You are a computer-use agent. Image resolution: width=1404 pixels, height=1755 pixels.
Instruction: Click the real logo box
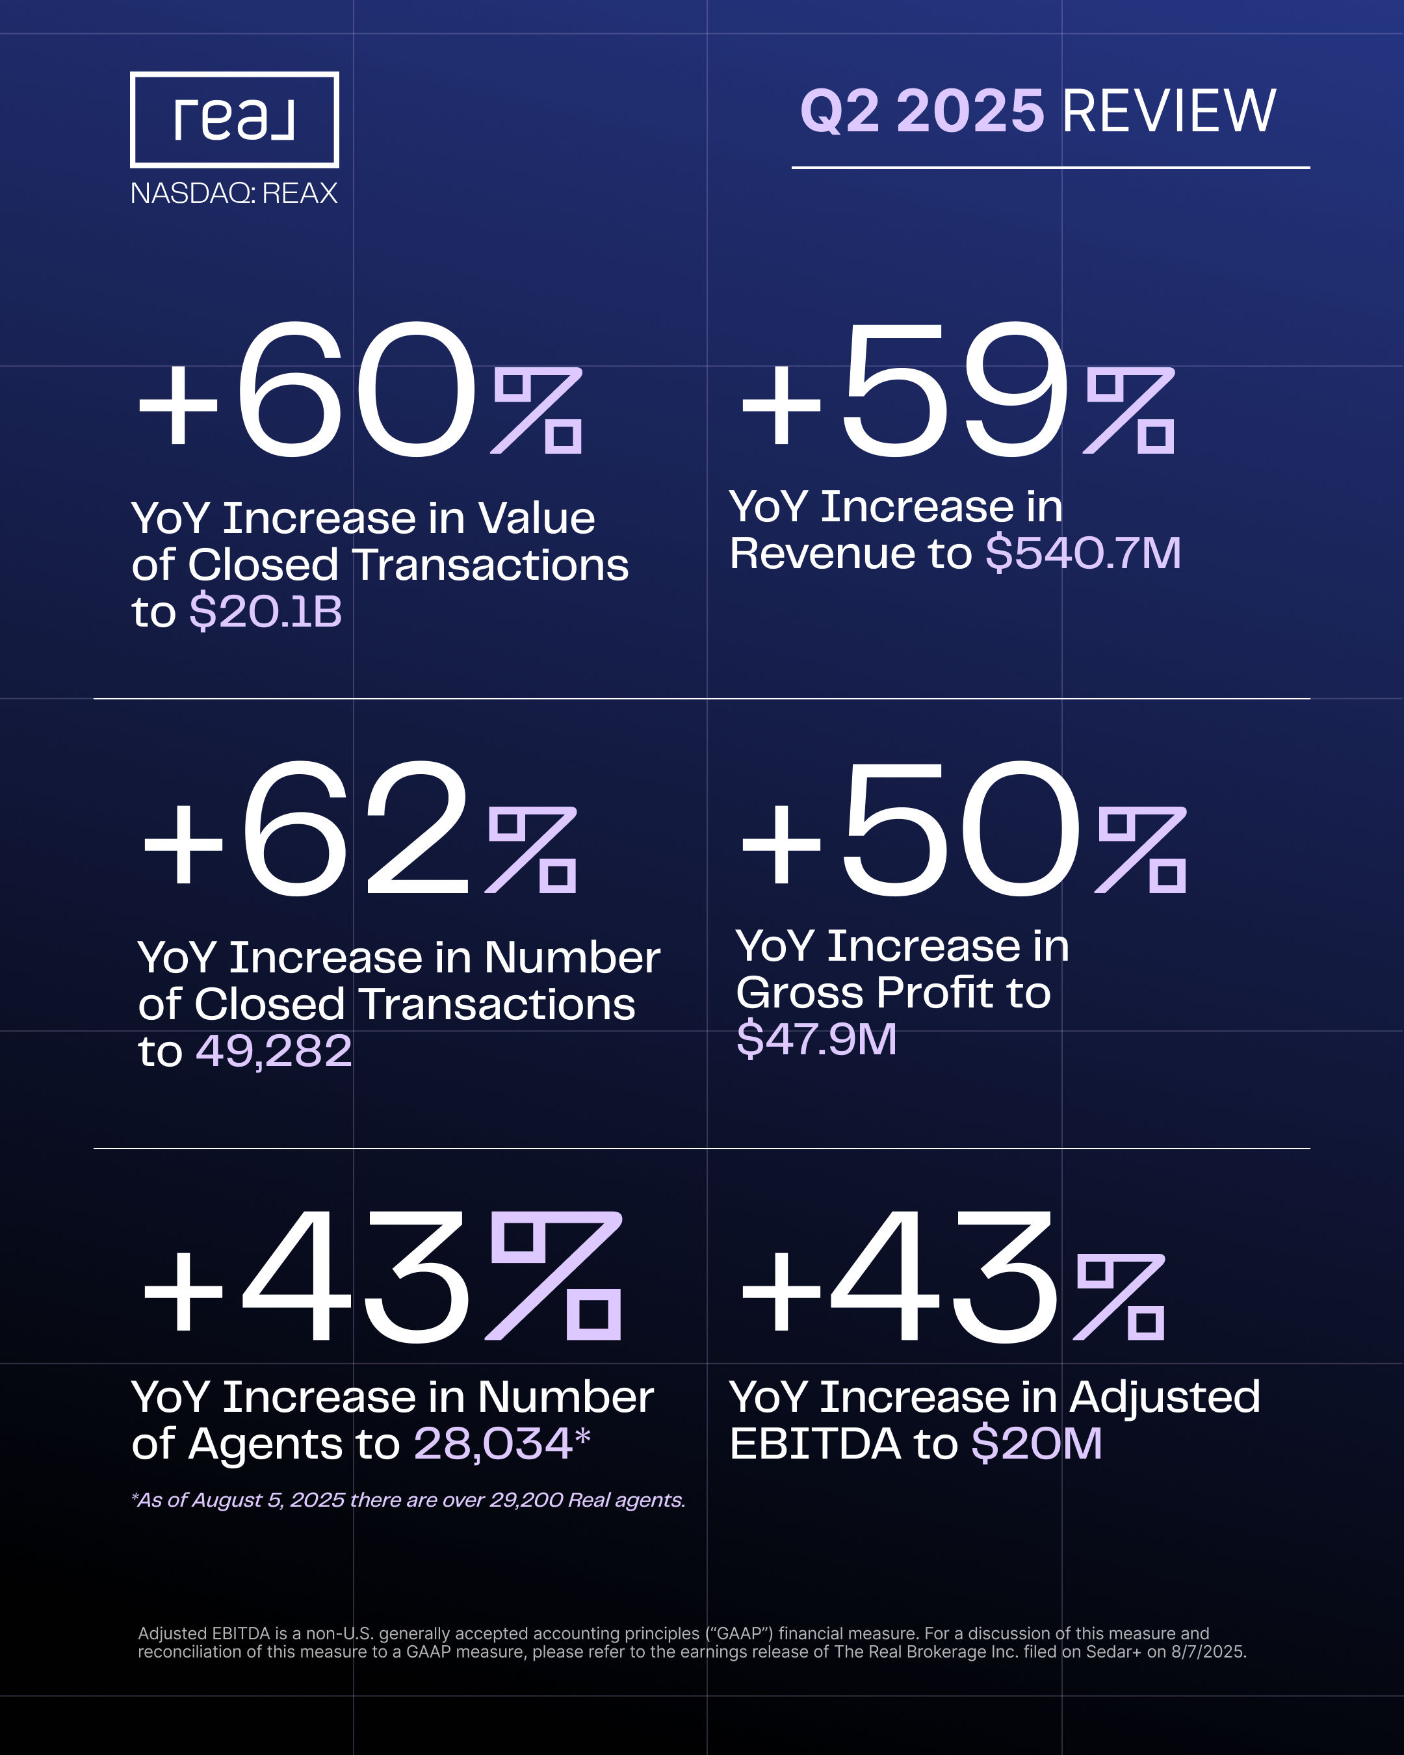click(x=235, y=120)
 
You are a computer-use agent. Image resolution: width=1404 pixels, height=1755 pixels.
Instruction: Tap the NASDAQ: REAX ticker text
click(x=233, y=193)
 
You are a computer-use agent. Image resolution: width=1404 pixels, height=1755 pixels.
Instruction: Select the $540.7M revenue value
click(x=1082, y=554)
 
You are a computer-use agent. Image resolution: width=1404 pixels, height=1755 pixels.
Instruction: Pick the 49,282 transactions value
click(x=274, y=1051)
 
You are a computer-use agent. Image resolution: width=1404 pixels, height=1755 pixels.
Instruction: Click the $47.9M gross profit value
click(x=816, y=1039)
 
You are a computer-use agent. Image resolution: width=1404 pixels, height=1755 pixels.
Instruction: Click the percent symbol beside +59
click(x=1130, y=411)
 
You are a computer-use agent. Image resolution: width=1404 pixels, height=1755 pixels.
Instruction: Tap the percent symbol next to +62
click(x=532, y=851)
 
